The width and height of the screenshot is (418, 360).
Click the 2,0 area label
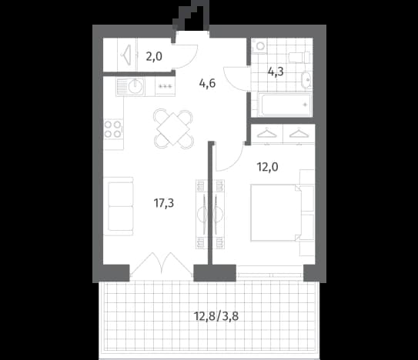click(154, 56)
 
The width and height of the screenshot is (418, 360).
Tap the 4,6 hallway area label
click(207, 83)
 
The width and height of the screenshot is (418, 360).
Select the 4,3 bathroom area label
click(276, 72)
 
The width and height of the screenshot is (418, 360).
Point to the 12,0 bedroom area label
click(267, 167)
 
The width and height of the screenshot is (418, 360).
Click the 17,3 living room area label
click(164, 203)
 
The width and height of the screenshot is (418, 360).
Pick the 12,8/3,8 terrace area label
click(216, 317)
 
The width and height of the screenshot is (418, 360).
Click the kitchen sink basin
click(135, 86)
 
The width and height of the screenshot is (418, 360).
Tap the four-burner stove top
click(113, 129)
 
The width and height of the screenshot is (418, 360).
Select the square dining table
click(173, 129)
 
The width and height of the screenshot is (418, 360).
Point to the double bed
click(276, 213)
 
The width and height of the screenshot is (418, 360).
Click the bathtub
click(285, 105)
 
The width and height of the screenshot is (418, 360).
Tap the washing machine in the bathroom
click(259, 46)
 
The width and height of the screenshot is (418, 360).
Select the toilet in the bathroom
click(299, 57)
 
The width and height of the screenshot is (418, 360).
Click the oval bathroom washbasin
click(306, 79)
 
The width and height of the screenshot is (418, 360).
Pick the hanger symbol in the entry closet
click(127, 55)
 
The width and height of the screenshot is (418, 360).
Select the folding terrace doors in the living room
click(162, 264)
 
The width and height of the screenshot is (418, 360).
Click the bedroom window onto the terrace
click(269, 273)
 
